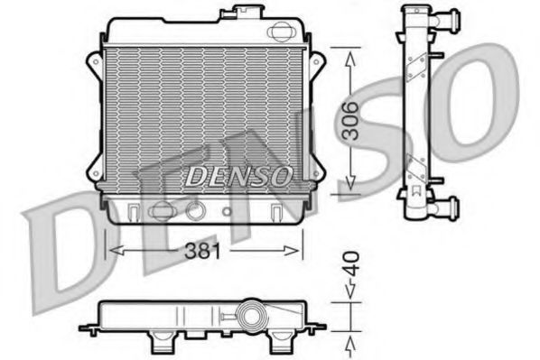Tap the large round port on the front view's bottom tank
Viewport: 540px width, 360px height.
194,211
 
